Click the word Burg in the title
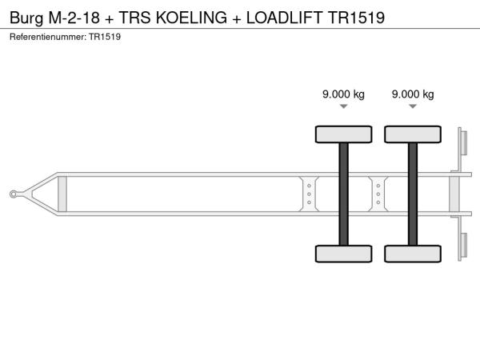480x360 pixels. [26, 18]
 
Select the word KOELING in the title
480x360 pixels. [192, 18]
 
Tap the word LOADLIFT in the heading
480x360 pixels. [284, 18]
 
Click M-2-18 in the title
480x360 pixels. [74, 18]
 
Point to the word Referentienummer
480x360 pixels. [48, 37]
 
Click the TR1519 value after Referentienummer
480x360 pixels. [105, 37]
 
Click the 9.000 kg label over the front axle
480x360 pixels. [343, 94]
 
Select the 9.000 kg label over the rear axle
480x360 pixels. [413, 94]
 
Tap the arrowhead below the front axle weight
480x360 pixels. [344, 106]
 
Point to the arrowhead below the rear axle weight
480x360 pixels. [413, 106]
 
